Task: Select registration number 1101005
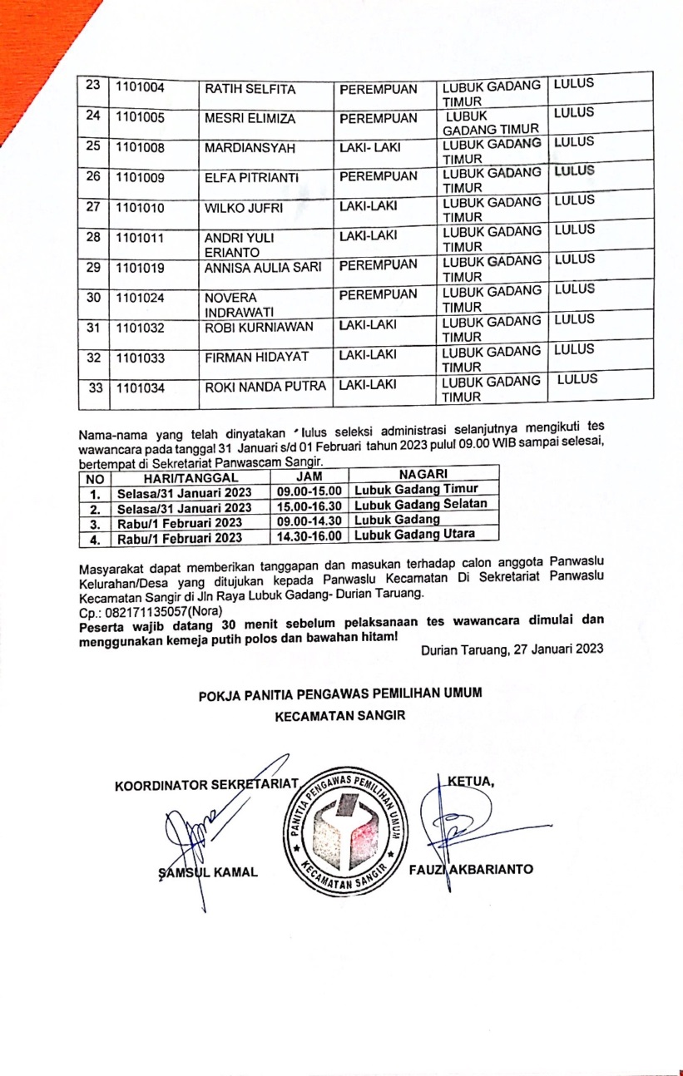tap(140, 118)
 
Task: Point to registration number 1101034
tap(140, 387)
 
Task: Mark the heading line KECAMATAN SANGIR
tap(340, 713)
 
